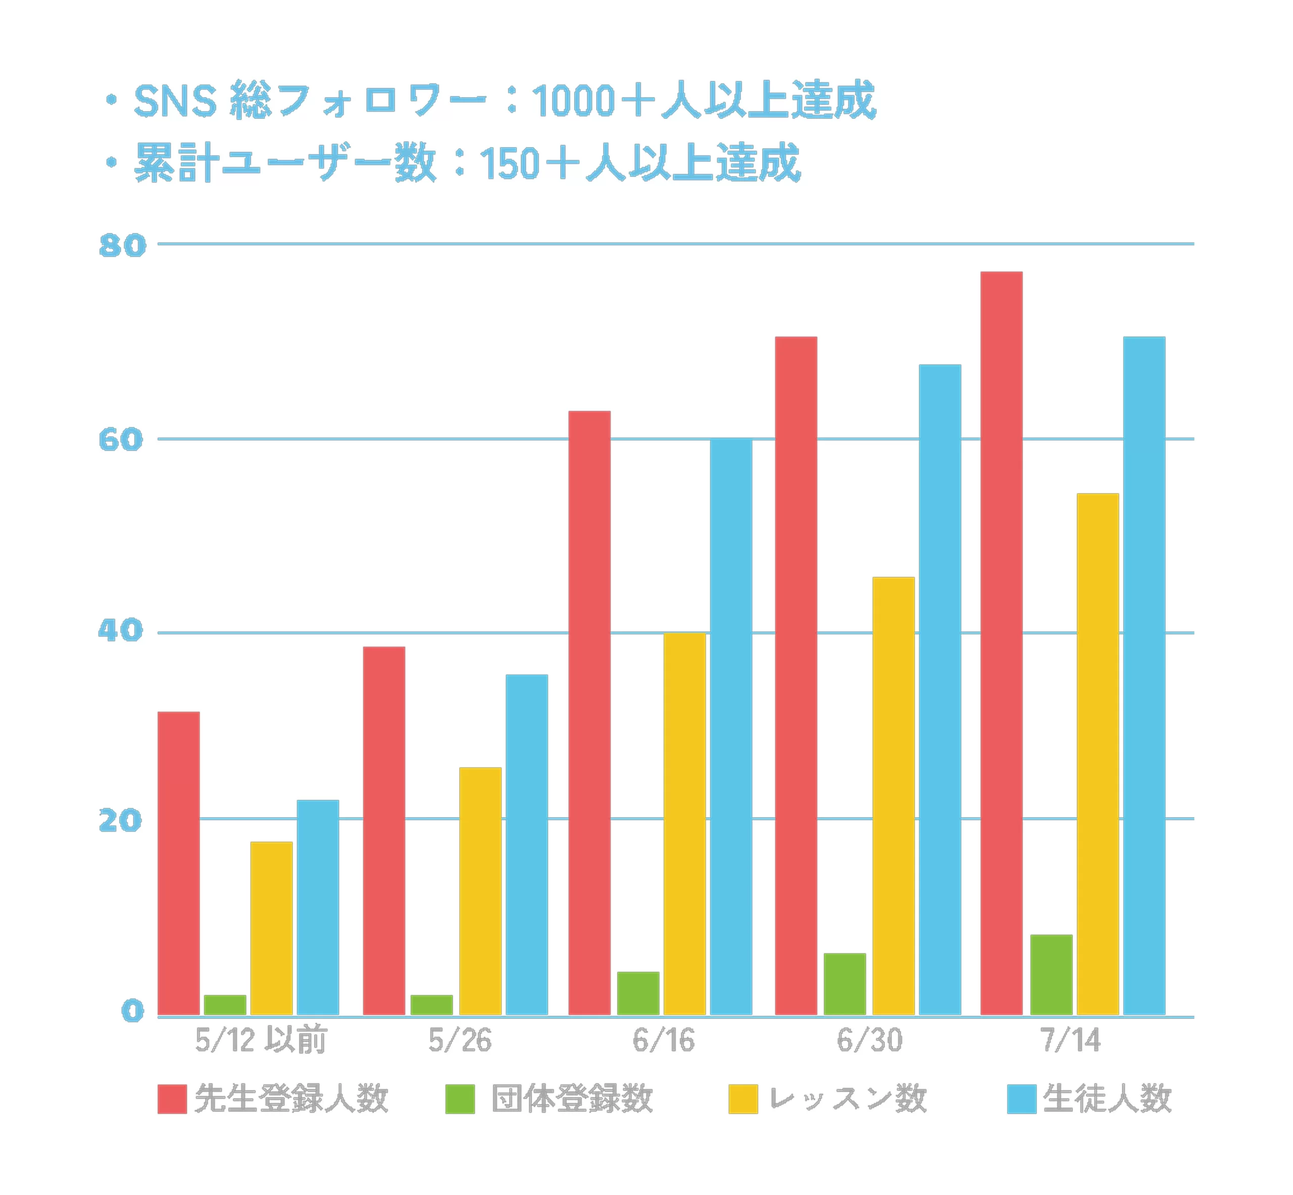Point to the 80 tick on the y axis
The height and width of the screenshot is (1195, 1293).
[x=122, y=246]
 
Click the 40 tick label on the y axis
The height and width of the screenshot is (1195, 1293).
[x=120, y=631]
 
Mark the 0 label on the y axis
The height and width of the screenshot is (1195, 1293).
[x=132, y=1012]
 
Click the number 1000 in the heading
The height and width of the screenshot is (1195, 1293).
[x=572, y=102]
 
